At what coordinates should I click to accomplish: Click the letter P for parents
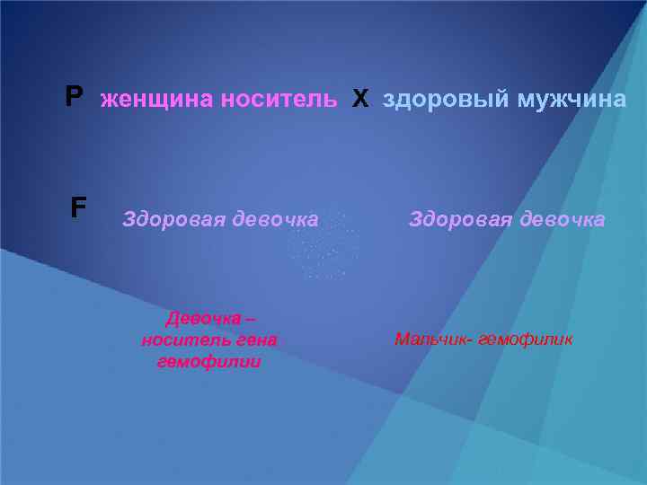[74, 97]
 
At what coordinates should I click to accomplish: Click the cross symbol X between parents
[360, 99]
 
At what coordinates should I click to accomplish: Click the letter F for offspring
[78, 208]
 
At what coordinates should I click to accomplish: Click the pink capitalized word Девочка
[203, 318]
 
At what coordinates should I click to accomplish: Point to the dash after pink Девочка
[250, 318]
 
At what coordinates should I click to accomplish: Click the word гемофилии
[208, 362]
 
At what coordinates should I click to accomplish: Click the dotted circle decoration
[323, 244]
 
